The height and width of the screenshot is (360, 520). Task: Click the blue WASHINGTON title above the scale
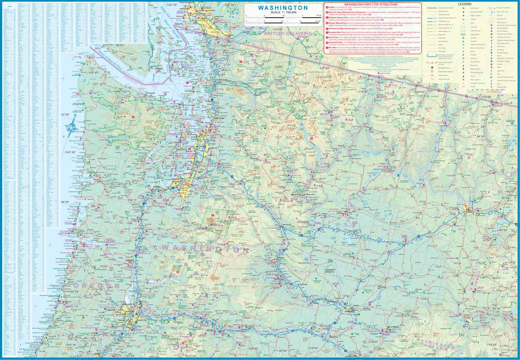pyautogui.click(x=283, y=8)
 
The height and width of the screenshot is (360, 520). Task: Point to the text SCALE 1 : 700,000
pyautogui.click(x=283, y=12)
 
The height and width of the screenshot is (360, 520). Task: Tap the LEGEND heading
pyautogui.click(x=464, y=4)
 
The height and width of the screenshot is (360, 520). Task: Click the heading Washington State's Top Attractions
pyautogui.click(x=371, y=5)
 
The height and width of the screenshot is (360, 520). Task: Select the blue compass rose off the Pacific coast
pyautogui.click(x=71, y=128)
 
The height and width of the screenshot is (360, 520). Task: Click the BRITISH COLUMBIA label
pyautogui.click(x=287, y=33)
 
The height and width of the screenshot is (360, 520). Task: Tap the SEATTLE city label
pyautogui.click(x=189, y=151)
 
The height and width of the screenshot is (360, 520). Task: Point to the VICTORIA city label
pyautogui.click(x=158, y=69)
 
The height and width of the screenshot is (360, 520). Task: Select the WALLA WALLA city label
pyautogui.click(x=393, y=327)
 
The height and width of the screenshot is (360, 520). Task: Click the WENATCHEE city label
pyautogui.click(x=296, y=195)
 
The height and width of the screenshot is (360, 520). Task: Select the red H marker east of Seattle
pyautogui.click(x=219, y=164)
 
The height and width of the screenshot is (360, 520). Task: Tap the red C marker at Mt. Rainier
pyautogui.click(x=213, y=215)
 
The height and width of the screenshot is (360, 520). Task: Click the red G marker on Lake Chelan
pyautogui.click(x=311, y=139)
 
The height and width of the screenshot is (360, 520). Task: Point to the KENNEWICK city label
pyautogui.click(x=349, y=311)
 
